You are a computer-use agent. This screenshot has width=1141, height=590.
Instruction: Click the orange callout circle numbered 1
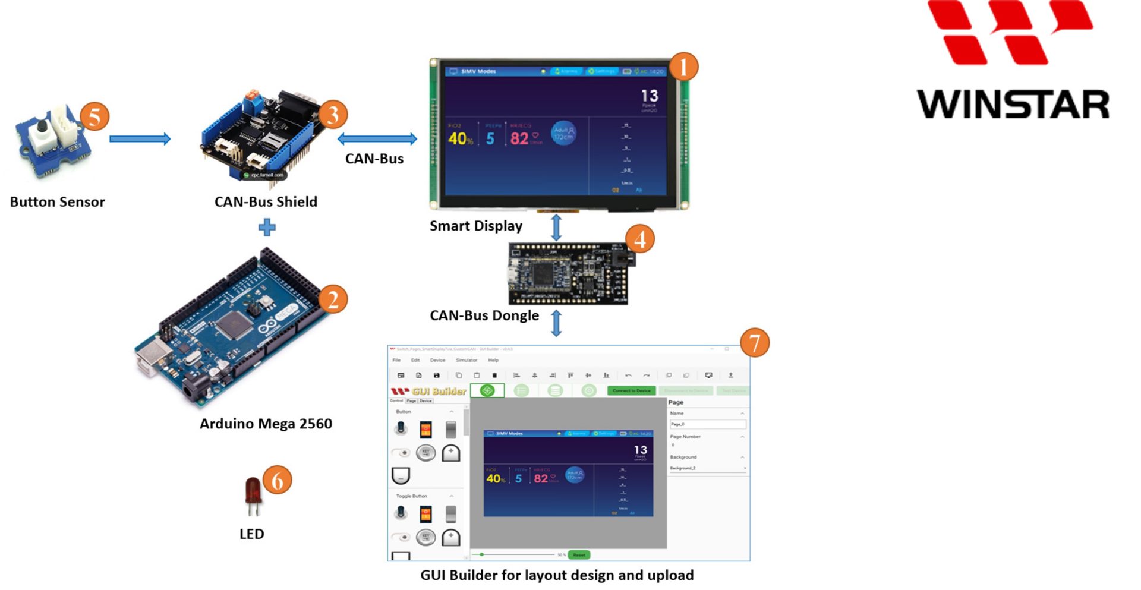pyautogui.click(x=683, y=67)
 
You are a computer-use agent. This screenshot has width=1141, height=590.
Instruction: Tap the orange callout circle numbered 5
pyautogui.click(x=94, y=116)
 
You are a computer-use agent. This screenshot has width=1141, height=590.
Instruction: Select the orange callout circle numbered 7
pyautogui.click(x=755, y=343)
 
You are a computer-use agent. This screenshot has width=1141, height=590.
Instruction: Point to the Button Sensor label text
pyautogui.click(x=58, y=202)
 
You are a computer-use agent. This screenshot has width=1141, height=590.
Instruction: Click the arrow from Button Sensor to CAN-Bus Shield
pyautogui.click(x=140, y=139)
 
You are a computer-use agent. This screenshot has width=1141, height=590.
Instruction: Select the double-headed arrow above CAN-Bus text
pyautogui.click(x=377, y=139)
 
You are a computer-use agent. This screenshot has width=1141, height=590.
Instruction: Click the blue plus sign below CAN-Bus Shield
pyautogui.click(x=267, y=227)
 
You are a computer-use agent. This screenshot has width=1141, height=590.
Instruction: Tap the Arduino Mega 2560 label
pyautogui.click(x=266, y=424)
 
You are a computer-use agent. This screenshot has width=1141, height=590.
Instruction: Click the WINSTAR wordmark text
pyautogui.click(x=1013, y=105)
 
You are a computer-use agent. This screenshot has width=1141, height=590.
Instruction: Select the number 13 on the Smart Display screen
pyautogui.click(x=649, y=96)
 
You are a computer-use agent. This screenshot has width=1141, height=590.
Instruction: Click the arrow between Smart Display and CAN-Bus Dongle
pyautogui.click(x=556, y=228)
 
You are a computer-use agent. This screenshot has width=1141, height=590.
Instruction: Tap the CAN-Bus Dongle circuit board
pyautogui.click(x=568, y=274)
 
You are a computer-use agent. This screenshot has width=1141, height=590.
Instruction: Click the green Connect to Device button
pyautogui.click(x=631, y=390)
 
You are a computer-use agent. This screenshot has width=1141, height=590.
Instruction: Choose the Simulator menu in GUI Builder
pyautogui.click(x=466, y=360)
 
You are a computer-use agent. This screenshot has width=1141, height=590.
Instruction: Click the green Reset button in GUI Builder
pyautogui.click(x=579, y=555)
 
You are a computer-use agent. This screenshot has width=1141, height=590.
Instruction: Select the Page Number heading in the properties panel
pyautogui.click(x=685, y=437)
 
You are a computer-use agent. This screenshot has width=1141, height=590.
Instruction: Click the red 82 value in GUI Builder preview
pyautogui.click(x=541, y=478)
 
